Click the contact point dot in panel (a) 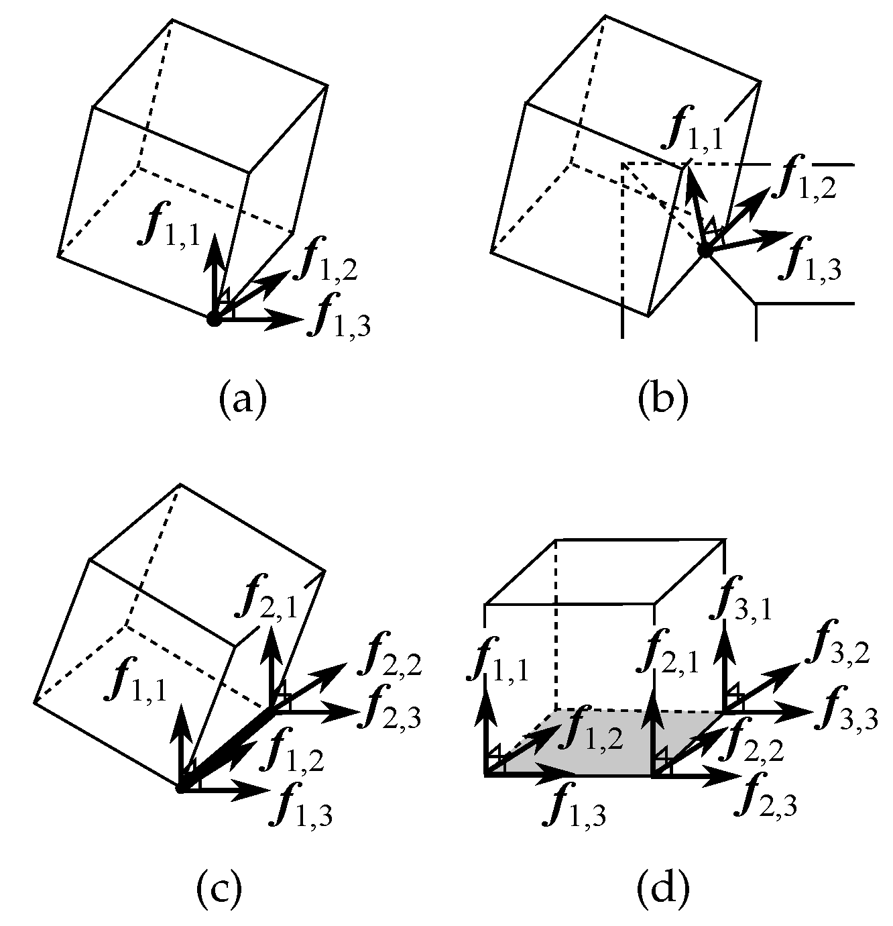(214, 319)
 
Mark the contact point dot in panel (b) (704, 251)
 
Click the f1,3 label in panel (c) (300, 807)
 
